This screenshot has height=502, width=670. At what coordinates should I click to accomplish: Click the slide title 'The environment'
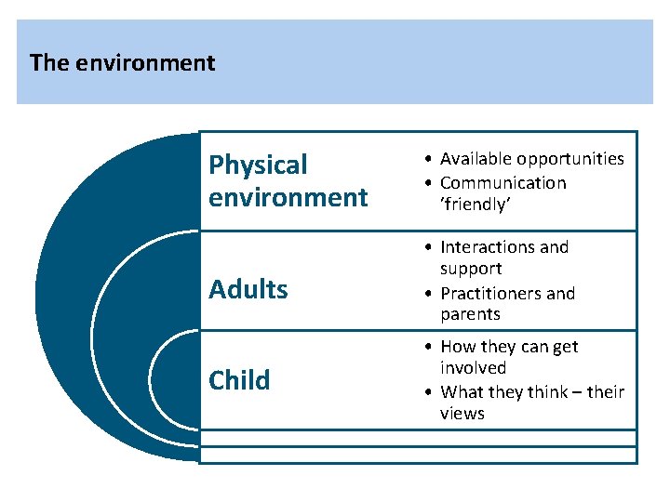click(122, 63)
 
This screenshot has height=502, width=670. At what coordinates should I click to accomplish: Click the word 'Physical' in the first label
click(258, 165)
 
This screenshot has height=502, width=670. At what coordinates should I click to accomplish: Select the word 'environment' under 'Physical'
click(288, 197)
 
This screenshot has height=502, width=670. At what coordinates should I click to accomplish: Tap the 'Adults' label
click(248, 290)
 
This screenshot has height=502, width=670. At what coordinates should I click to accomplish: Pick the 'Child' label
click(239, 380)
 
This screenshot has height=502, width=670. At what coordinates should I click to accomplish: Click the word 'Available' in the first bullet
click(476, 159)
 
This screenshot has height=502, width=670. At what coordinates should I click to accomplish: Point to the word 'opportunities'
click(570, 159)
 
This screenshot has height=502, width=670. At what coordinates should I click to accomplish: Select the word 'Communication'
click(502, 183)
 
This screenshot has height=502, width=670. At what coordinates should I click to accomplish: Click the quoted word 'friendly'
click(476, 205)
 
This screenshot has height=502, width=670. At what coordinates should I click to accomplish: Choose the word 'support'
click(471, 269)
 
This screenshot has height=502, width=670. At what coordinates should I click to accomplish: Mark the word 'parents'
click(470, 314)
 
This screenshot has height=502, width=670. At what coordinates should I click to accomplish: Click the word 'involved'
click(473, 368)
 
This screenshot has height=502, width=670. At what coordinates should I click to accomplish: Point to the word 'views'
click(462, 414)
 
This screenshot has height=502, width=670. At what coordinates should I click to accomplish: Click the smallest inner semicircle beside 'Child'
click(177, 380)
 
